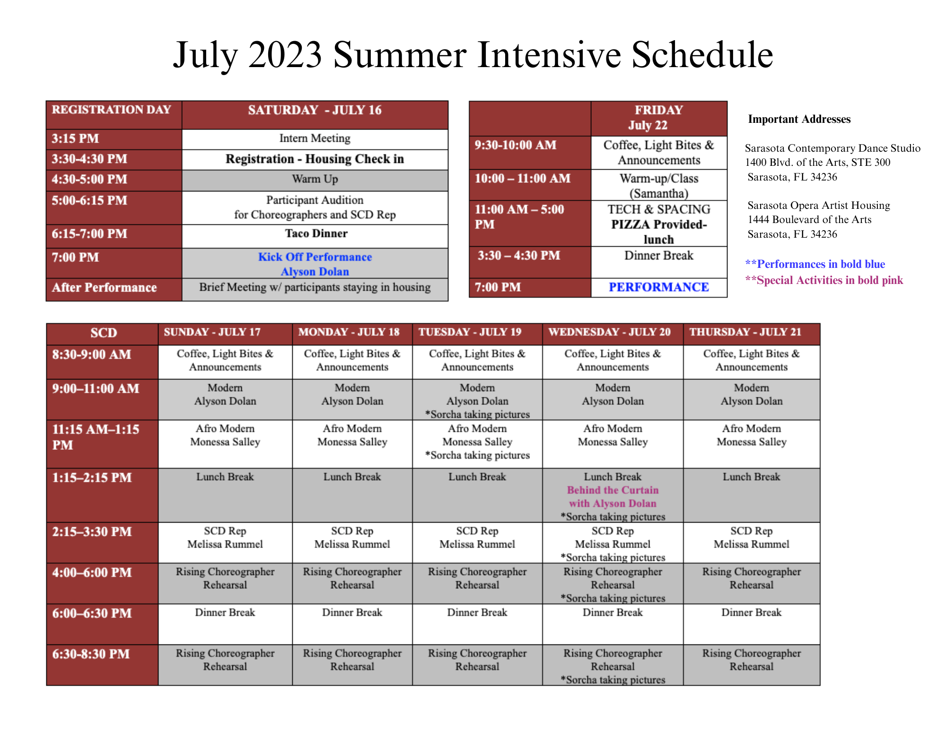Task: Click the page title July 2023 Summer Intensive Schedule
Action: coord(473,55)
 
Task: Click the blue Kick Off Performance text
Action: coord(315,257)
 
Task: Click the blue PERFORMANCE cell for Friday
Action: coord(659,287)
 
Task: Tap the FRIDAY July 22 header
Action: coord(659,118)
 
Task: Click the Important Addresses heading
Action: coord(799,119)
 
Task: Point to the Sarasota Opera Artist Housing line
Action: coord(819,206)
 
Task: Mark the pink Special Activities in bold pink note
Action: coord(824,280)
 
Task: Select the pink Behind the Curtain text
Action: coord(613,490)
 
